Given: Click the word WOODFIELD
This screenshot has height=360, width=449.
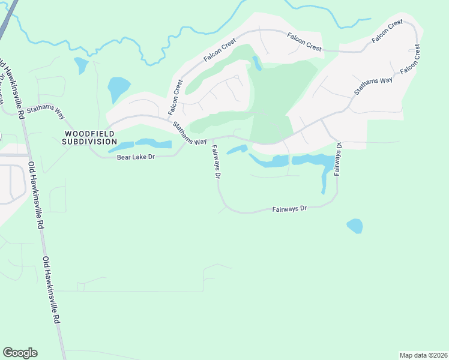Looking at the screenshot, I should coord(89,133).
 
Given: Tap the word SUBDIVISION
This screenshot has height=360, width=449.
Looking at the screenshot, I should coord(89,142).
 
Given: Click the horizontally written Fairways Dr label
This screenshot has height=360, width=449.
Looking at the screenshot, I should coord(289,209).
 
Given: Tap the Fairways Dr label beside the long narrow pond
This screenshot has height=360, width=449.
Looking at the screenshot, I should coord(338,158).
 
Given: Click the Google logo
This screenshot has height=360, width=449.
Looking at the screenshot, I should coord(20,352).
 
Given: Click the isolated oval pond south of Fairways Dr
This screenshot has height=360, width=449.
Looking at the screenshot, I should coord(355,226).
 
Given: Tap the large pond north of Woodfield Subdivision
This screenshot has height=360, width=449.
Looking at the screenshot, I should coord(118,89).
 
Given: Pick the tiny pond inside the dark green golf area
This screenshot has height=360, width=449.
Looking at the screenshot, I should coord(257,62).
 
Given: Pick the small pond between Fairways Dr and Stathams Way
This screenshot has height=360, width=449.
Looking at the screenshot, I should coord(238,149).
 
